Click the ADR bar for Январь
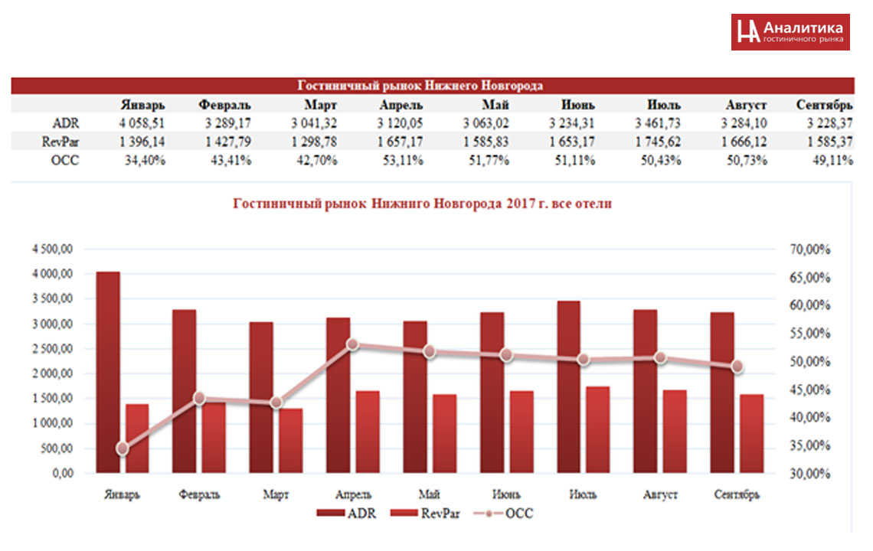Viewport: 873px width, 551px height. click(x=108, y=372)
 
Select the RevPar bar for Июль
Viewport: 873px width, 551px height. click(x=598, y=429)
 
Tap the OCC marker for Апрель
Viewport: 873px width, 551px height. click(x=352, y=344)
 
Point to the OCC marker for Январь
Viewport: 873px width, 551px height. click(x=122, y=448)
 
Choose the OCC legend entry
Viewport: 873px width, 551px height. click(x=505, y=514)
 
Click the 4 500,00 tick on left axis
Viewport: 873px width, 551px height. click(x=53, y=249)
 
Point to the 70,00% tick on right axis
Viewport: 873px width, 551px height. click(x=809, y=249)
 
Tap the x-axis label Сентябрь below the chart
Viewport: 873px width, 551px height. click(x=737, y=494)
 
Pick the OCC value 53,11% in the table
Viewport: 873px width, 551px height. click(x=401, y=159)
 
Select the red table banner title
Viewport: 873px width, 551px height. click(x=420, y=86)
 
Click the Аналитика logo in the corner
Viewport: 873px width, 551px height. click(x=790, y=31)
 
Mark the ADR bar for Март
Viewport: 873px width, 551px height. click(x=261, y=397)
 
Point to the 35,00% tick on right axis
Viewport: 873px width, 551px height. click(x=809, y=445)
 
